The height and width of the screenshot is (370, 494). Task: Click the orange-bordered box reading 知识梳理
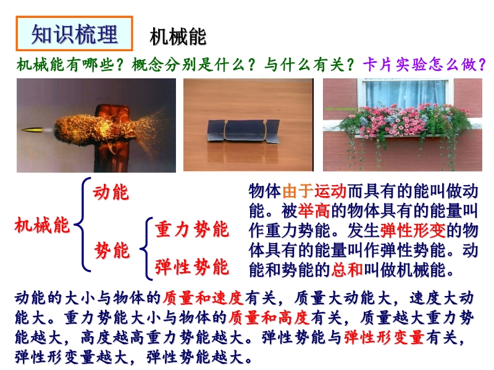click(x=74, y=34)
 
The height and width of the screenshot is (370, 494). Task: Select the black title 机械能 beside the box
click(x=178, y=36)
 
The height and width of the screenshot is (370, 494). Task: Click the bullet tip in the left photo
click(x=23, y=129)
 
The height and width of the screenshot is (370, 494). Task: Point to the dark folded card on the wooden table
click(x=243, y=130)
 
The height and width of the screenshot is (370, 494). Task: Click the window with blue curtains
click(x=406, y=94)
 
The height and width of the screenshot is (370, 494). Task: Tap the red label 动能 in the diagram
click(x=111, y=192)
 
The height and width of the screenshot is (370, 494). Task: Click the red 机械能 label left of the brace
click(x=42, y=225)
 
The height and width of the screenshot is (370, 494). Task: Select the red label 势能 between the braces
click(x=112, y=250)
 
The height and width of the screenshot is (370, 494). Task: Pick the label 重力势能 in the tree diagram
click(x=192, y=229)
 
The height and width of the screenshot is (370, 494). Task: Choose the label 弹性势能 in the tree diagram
click(x=192, y=267)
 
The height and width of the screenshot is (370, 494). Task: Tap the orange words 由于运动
click(x=314, y=191)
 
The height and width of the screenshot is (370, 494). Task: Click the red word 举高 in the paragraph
click(x=314, y=210)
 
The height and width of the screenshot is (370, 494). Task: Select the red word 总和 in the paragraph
click(x=347, y=269)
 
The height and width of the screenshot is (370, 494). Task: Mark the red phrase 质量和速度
click(x=204, y=298)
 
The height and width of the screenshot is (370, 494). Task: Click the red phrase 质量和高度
click(x=269, y=318)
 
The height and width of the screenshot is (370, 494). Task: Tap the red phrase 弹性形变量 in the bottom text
click(x=384, y=337)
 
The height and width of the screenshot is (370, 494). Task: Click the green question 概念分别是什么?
click(x=193, y=65)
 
